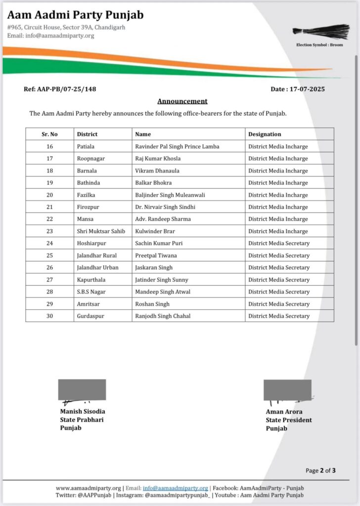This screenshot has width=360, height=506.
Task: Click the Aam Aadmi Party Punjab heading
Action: [x=75, y=15]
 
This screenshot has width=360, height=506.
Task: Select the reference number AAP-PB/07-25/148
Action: [x=60, y=89]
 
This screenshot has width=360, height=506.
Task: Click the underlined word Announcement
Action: [x=182, y=101]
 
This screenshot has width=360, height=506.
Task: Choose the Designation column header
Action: [x=265, y=134]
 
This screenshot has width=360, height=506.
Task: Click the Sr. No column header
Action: [x=49, y=134]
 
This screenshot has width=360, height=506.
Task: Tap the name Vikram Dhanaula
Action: [x=157, y=170]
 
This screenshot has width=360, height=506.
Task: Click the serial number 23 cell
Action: [x=49, y=231]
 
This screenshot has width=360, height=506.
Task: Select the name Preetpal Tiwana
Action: [x=156, y=255]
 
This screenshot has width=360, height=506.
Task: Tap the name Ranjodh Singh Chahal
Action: [x=163, y=316]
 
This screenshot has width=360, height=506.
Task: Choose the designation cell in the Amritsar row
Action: [x=279, y=304]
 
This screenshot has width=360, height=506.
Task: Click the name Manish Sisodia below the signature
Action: [x=83, y=412]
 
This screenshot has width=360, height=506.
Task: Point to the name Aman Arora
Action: [x=284, y=412]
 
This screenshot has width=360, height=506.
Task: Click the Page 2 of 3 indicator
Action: [x=321, y=470]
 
